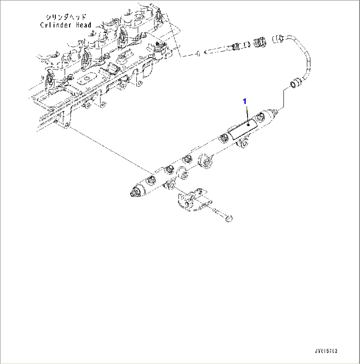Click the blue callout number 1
pos(245,102)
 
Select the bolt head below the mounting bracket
pos(228,218)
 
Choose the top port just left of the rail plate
pos(224,137)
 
